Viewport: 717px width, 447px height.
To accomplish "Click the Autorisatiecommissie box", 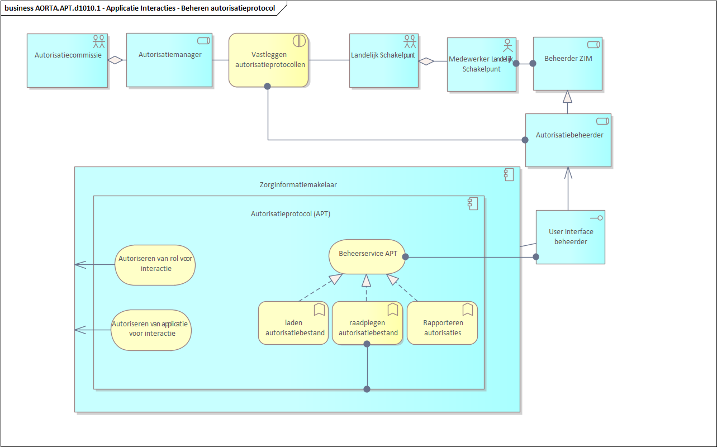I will pyautogui.click(x=67, y=60).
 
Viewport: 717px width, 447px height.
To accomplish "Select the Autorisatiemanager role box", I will pyautogui.click(x=169, y=60).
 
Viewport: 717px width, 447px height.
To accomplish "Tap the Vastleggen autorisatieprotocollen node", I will pyautogui.click(x=269, y=60).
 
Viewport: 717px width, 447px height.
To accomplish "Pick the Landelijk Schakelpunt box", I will pyautogui.click(x=383, y=60).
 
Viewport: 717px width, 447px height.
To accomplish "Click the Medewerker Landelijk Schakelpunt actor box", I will pyautogui.click(x=481, y=64).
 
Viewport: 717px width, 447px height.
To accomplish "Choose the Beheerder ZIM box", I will pyautogui.click(x=567, y=64).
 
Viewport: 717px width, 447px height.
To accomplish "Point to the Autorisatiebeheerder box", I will pyautogui.click(x=568, y=140).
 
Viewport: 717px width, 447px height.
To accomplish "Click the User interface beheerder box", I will pyautogui.click(x=570, y=237).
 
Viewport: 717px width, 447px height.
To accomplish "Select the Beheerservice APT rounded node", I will pyautogui.click(x=367, y=257).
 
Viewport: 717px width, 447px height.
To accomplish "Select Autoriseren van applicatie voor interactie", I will pyautogui.click(x=151, y=330).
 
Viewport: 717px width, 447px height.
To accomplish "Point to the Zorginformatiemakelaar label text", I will pyautogui.click(x=298, y=184).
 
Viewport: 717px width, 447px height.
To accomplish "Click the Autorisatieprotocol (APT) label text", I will pyautogui.click(x=290, y=213).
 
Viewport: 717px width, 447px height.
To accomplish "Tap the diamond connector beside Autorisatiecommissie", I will pyautogui.click(x=115, y=60).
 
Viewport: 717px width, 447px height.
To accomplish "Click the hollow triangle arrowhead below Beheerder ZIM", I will pyautogui.click(x=568, y=97).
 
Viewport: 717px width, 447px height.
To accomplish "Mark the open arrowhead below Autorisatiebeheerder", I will pyautogui.click(x=568, y=172).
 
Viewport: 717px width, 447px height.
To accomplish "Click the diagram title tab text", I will pyautogui.click(x=140, y=8).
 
